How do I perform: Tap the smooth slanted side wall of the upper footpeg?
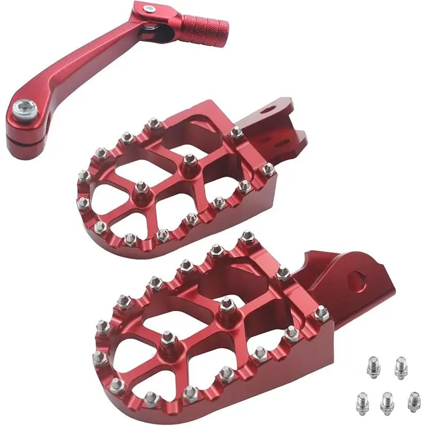click(x=250, y=213)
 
